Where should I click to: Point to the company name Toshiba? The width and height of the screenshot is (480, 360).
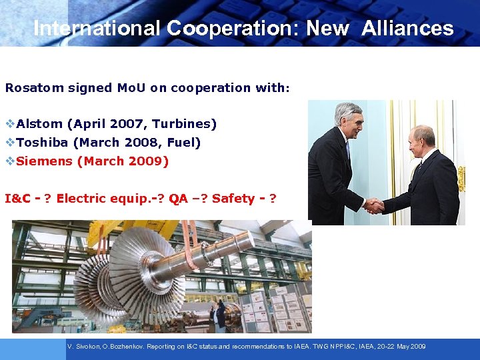(x=43, y=143)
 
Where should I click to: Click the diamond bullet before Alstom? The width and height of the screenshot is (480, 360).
(x=9, y=124)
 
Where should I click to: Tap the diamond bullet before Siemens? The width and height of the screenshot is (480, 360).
(x=9, y=161)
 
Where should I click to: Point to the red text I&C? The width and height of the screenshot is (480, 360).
(x=18, y=199)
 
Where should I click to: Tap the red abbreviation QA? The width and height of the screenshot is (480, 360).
(x=178, y=199)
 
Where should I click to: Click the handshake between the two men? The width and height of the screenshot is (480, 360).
(x=373, y=206)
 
